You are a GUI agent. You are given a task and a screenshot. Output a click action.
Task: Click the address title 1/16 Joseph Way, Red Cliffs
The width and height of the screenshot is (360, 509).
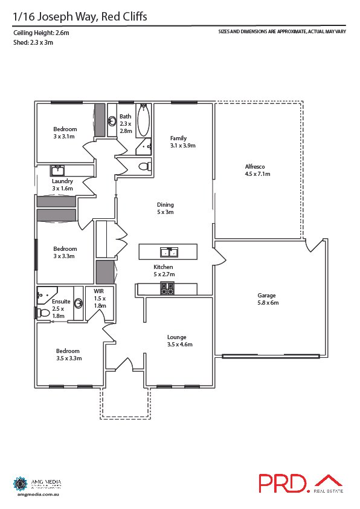(79, 17)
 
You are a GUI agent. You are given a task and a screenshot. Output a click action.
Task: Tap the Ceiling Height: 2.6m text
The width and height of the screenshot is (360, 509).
(40, 33)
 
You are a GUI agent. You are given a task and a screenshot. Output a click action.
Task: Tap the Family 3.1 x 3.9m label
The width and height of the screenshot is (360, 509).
(182, 141)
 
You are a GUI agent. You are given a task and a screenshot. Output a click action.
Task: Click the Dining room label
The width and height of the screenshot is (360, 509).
(166, 209)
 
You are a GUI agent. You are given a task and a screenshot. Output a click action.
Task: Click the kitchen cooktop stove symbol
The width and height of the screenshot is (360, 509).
(167, 289)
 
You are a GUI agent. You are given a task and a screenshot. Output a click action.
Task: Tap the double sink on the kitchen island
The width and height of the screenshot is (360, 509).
(167, 251)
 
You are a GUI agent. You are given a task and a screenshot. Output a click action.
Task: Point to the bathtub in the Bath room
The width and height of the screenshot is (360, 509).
(143, 122)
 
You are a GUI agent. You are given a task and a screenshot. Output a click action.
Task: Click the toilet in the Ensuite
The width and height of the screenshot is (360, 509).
(43, 313)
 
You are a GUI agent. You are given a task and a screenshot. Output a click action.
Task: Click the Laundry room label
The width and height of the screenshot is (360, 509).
(62, 184)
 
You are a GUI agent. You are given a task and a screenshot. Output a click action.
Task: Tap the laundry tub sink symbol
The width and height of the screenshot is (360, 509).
(58, 170)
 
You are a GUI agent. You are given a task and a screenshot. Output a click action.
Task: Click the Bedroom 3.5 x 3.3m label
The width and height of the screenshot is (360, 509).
(68, 354)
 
